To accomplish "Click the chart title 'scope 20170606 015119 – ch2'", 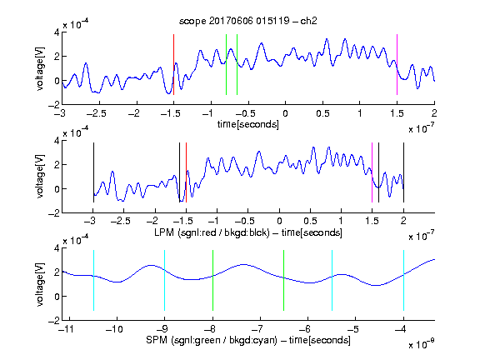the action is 248,21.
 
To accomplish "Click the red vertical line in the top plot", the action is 173,65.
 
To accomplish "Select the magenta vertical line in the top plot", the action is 397,65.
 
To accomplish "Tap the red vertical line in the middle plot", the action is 186,172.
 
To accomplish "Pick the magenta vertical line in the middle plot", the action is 372,172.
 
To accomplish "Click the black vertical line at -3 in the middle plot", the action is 93,172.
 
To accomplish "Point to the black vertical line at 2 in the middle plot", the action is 403,172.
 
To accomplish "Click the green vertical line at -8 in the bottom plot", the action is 212,280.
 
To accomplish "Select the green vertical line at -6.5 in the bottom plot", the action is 284,280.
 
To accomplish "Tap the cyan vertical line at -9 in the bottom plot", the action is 165,280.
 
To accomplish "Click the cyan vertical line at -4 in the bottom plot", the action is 404,280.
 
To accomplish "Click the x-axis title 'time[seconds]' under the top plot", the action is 248,125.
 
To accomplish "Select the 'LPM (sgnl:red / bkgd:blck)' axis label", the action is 212,232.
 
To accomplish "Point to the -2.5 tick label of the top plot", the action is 96,114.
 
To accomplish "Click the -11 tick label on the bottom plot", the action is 66,329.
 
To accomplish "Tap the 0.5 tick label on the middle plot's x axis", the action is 310,222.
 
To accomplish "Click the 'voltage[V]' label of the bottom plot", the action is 40,284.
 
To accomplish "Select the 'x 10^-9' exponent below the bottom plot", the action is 421,344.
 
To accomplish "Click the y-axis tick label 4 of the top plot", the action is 57,32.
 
